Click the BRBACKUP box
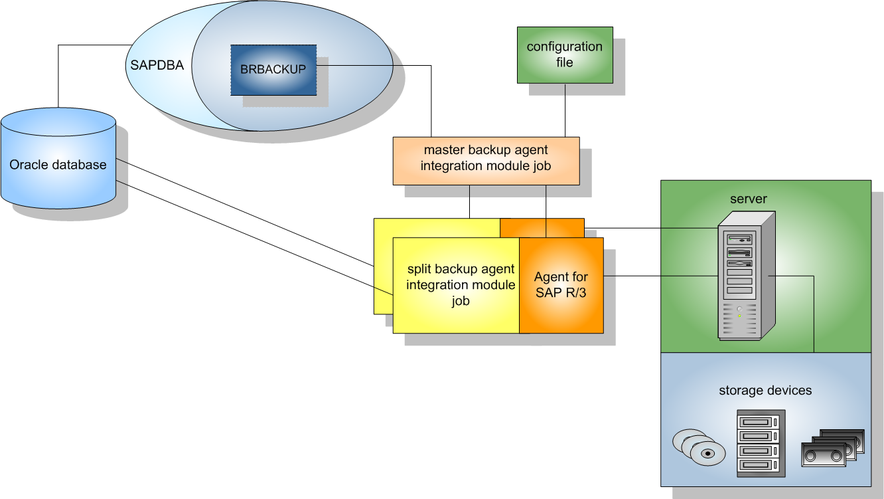(273, 69)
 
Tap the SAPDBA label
(157, 66)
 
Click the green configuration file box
(565, 54)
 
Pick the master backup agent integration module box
(486, 160)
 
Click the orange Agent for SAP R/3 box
(561, 285)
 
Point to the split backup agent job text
(461, 285)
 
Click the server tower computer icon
(745, 275)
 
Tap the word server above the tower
(749, 199)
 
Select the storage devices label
(765, 390)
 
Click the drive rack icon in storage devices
(761, 443)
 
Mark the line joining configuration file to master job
(565, 110)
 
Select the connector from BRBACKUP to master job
(431, 100)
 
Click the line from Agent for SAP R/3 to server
(660, 275)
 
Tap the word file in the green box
(565, 62)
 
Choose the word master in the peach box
(443, 151)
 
